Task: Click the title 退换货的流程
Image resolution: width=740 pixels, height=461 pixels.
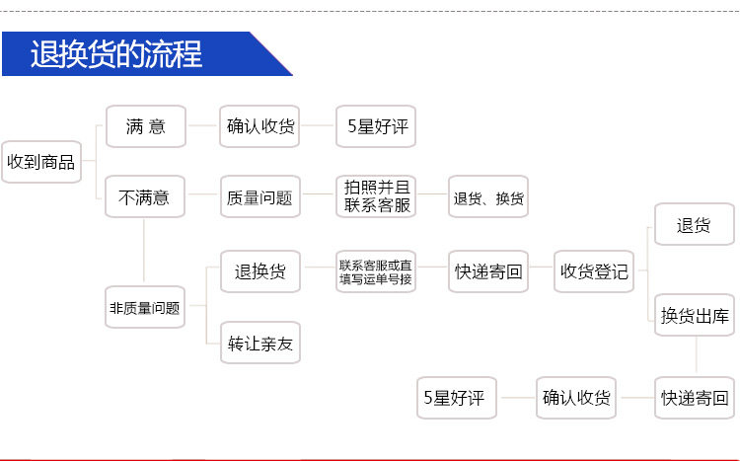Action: click(116, 54)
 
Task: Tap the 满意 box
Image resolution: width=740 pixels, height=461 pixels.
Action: click(144, 126)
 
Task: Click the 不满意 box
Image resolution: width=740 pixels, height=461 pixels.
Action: click(144, 197)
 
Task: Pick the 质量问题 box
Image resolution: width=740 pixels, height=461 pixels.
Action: click(259, 197)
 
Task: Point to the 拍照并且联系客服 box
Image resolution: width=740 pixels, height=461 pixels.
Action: click(376, 197)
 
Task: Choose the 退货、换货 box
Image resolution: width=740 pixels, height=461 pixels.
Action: click(488, 197)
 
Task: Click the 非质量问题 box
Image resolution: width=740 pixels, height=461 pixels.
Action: click(144, 307)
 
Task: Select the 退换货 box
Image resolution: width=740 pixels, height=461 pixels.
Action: click(259, 271)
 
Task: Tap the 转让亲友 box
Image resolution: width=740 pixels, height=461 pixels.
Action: click(259, 344)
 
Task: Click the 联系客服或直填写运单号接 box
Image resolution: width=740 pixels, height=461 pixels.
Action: click(376, 271)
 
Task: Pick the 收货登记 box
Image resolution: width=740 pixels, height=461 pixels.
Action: click(594, 271)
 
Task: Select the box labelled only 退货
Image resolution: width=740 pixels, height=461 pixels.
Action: click(695, 225)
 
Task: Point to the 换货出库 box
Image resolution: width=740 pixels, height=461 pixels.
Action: click(695, 316)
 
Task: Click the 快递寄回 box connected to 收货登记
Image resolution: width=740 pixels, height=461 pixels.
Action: click(488, 271)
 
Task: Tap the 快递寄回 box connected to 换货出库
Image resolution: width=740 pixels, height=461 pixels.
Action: click(695, 398)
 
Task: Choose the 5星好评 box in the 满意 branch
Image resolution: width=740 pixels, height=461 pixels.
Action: click(376, 126)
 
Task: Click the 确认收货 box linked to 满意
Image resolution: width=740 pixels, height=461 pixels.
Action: click(259, 126)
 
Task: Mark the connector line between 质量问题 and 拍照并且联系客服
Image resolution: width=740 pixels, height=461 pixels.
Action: click(318, 197)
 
